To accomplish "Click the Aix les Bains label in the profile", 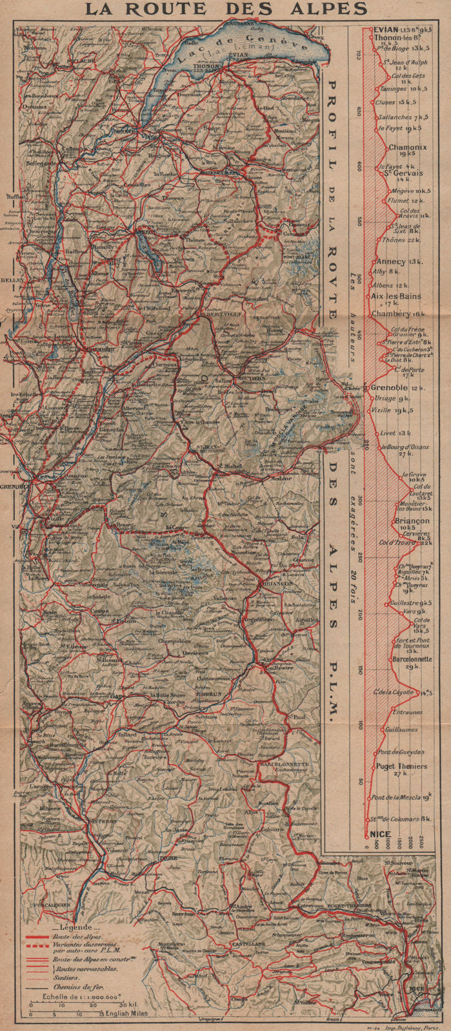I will tap(396, 297).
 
